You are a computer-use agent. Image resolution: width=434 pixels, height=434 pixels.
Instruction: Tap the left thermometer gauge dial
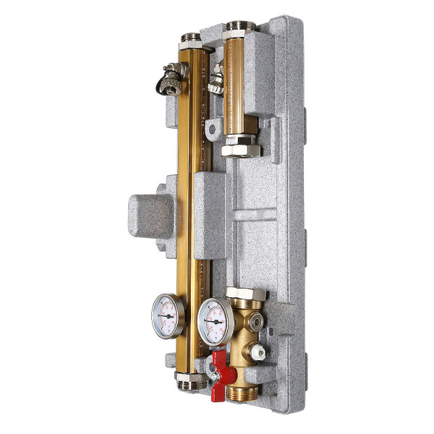click(x=168, y=316)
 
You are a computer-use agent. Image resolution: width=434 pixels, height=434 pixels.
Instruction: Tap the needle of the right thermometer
click(x=213, y=320)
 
